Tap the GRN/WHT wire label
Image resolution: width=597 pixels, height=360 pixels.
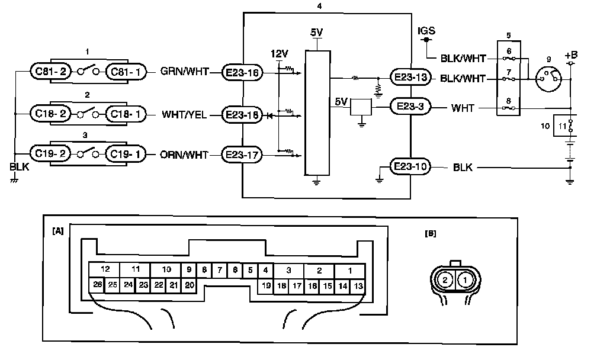click(x=185, y=72)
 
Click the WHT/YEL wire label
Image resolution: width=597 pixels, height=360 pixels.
click(x=184, y=114)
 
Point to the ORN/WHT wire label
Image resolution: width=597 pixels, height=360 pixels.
click(x=184, y=156)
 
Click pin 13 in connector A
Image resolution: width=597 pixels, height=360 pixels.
click(x=358, y=285)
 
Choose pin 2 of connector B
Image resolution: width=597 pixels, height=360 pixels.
click(x=446, y=279)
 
